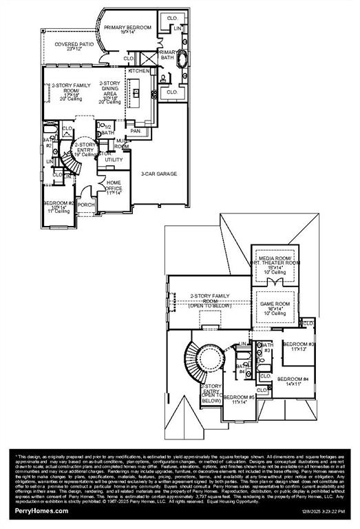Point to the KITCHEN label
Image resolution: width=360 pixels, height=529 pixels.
pos(138,71)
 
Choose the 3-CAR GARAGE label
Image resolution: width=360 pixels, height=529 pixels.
pos(159,174)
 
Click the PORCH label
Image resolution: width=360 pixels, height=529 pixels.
pos(87,205)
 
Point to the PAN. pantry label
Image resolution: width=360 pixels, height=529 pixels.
pos(136,130)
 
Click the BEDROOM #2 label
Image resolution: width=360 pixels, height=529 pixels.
pos(59,205)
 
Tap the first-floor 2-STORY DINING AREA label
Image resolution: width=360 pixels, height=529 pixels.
pos(112,92)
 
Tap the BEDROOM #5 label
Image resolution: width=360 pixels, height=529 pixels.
pos(239,399)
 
